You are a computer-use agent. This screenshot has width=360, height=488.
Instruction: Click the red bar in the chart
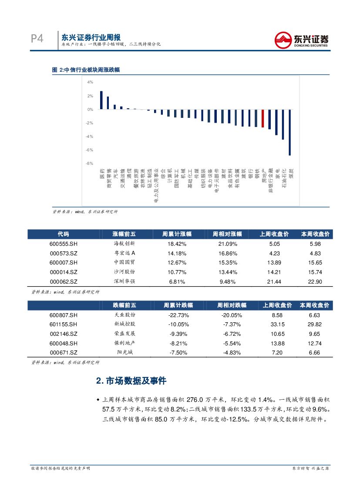pos(262,118)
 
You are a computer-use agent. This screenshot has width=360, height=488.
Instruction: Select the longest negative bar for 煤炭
pos(290,132)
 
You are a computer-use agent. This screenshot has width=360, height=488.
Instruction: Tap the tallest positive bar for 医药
pos(101,100)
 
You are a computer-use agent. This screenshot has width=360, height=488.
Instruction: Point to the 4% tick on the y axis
pos(90,82)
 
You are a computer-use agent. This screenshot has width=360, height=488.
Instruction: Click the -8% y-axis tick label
pos(89,164)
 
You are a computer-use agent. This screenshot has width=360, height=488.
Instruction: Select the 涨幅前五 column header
pos(124,234)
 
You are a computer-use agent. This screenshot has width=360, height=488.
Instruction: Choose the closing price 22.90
pos(314,282)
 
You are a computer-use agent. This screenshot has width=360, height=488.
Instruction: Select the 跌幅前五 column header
pos(124,305)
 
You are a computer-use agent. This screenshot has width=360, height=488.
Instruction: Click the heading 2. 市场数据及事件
pos(131,381)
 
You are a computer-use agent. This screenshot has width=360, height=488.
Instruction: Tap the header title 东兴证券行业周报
pos(91,37)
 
